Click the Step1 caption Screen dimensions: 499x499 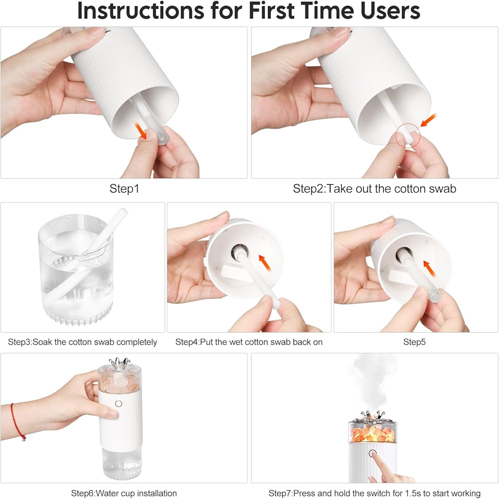point(124,189)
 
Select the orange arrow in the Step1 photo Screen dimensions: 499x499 point(141,131)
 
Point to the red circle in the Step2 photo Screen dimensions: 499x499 point(408,136)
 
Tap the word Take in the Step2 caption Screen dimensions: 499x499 point(339,189)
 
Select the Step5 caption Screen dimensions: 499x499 point(414,342)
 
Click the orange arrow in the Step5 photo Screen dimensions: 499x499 point(429,268)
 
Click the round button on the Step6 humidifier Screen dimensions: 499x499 point(119,404)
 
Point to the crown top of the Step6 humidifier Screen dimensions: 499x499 point(120,363)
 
